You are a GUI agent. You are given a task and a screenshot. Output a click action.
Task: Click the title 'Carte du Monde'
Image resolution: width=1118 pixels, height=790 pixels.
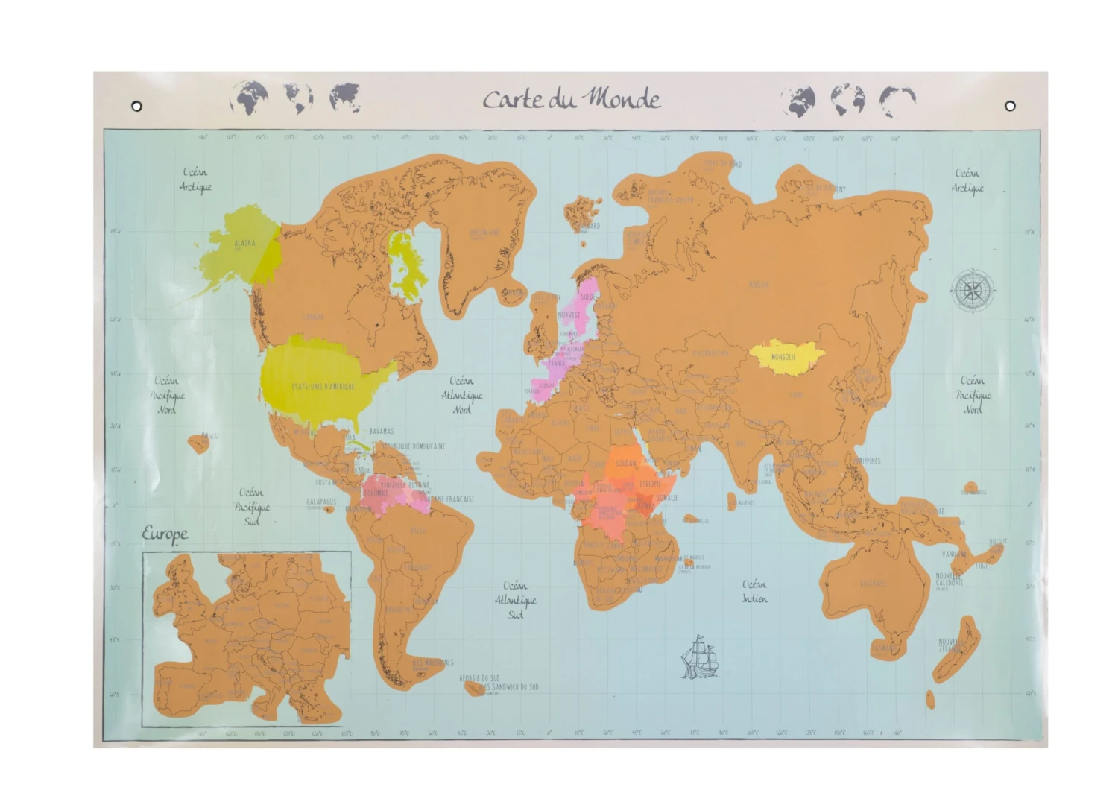(x=571, y=99)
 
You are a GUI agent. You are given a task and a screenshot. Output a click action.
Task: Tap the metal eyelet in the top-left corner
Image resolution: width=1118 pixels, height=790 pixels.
(x=136, y=107)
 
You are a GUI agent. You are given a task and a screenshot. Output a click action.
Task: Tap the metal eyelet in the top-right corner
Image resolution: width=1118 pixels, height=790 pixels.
(x=1010, y=106)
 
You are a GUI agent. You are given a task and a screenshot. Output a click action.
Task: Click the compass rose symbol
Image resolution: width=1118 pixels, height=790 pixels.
(x=973, y=290)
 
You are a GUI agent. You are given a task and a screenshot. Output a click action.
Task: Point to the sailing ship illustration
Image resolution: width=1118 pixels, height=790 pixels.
(x=699, y=657)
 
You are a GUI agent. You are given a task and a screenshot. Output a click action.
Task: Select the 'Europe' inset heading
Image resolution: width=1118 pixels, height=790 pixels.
(x=165, y=534)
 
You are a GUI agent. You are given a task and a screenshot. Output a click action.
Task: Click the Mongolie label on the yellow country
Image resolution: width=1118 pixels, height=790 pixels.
(x=783, y=357)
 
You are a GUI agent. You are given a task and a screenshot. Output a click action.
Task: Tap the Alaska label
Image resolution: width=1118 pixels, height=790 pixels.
(x=244, y=243)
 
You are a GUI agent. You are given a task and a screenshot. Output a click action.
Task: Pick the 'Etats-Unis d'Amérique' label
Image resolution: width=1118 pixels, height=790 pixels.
(x=323, y=386)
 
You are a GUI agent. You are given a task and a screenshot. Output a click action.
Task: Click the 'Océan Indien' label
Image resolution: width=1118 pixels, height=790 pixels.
(x=754, y=590)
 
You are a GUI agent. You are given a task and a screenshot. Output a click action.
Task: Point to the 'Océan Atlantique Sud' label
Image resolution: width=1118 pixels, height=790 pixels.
(x=515, y=600)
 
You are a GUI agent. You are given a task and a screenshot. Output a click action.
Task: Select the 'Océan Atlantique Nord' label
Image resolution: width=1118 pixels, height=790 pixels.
(x=461, y=395)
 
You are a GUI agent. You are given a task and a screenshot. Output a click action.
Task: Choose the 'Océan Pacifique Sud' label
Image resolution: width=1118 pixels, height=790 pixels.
(x=252, y=507)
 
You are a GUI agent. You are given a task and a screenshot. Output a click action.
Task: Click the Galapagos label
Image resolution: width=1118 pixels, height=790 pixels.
(x=321, y=502)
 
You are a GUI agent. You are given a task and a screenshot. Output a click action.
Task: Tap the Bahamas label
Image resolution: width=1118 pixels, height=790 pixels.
(x=381, y=431)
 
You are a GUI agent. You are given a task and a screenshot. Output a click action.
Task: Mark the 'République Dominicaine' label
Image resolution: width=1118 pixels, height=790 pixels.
(x=413, y=446)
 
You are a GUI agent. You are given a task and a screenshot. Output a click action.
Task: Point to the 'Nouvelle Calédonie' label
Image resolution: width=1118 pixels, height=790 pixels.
(x=950, y=579)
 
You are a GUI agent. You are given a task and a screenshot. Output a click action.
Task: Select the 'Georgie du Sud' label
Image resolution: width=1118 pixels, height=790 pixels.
(x=479, y=678)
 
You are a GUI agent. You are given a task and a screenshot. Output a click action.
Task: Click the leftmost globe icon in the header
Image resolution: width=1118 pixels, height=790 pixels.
(x=249, y=98)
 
